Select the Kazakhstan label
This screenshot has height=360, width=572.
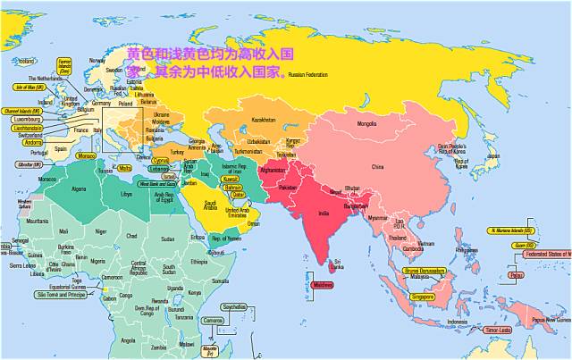point(265,119)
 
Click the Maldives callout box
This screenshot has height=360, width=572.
point(323,286)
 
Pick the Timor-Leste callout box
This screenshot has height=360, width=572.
point(498,330)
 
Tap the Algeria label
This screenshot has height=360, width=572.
point(80,188)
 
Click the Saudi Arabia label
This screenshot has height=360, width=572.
point(211,205)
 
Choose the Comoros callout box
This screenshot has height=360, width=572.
point(213,321)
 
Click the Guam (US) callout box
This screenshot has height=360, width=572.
point(524,244)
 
